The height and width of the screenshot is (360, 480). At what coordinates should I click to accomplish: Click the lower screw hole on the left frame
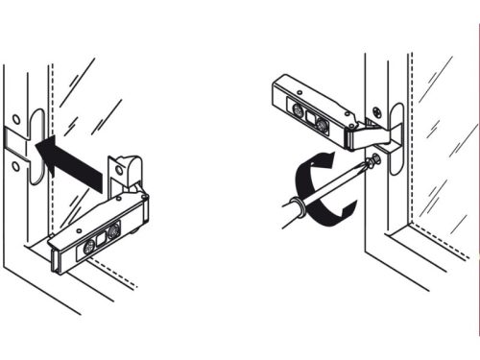click(x=16, y=165)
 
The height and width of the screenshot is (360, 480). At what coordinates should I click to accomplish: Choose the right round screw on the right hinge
click(x=323, y=124)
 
